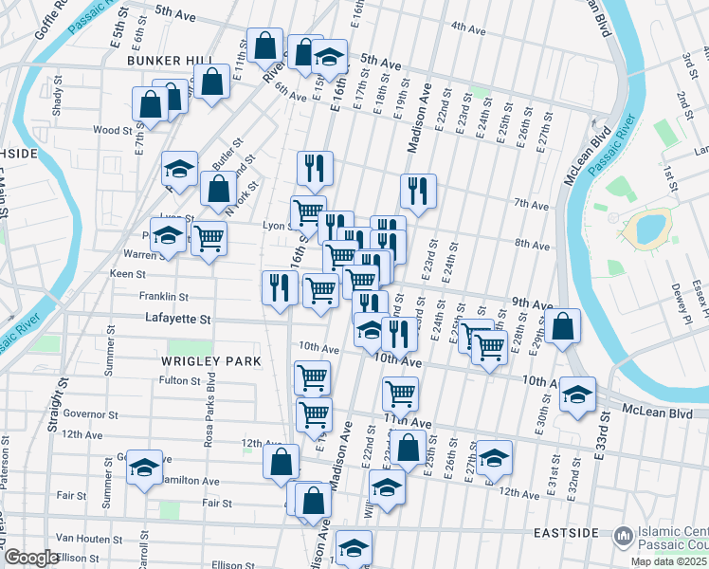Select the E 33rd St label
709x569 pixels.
coord(600,435)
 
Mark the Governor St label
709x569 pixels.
coord(89,414)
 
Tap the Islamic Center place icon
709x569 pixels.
coord(623,537)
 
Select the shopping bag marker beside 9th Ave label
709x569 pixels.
coord(563,326)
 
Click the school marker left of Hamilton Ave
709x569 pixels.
coord(144,468)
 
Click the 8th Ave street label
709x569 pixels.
coord(533,245)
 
